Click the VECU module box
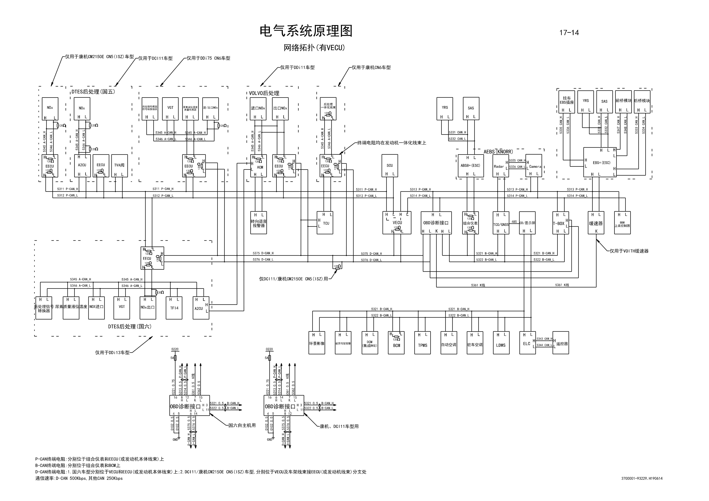click(x=397, y=223)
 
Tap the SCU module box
click(x=390, y=166)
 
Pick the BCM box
click(x=396, y=343)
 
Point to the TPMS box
click(x=422, y=343)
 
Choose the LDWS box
click(x=501, y=343)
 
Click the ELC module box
click(x=527, y=343)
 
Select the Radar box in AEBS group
click(x=500, y=166)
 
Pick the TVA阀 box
click(x=119, y=166)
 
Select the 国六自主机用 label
click(x=242, y=425)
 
